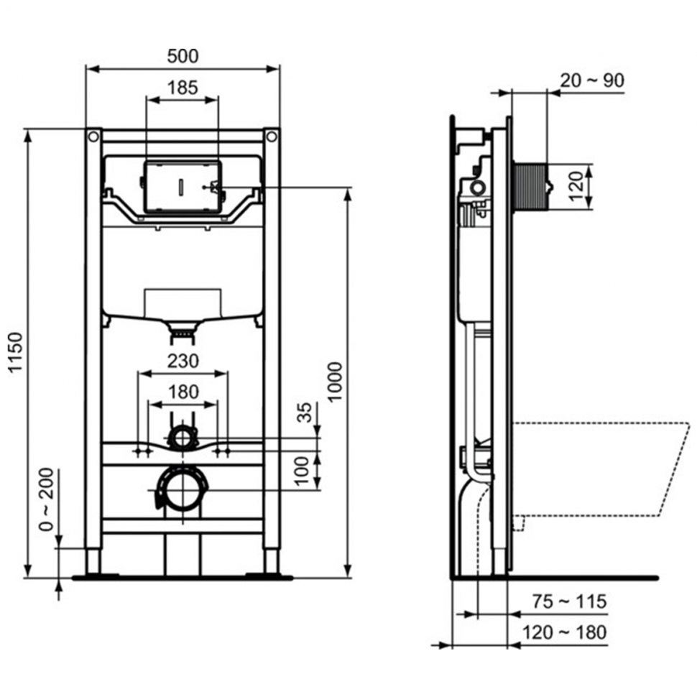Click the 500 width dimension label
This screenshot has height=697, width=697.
[183, 57]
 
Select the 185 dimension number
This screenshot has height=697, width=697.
[183, 88]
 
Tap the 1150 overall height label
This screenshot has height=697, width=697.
[16, 353]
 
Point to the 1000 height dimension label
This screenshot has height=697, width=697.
[335, 382]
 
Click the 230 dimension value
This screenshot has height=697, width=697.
[183, 361]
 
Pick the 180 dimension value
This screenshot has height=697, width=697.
[183, 392]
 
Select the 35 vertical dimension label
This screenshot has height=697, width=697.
[305, 412]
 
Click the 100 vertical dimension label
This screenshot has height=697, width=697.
[303, 471]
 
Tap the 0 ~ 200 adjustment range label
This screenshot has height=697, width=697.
[46, 499]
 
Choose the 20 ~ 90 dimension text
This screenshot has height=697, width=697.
[591, 80]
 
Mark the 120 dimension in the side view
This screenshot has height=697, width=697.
[576, 186]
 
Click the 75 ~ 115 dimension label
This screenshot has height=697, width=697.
[569, 602]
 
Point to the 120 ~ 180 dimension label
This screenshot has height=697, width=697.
[565, 632]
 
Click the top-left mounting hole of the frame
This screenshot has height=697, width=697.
[93, 137]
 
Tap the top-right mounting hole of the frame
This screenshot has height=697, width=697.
[272, 137]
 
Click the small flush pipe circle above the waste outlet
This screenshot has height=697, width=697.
[183, 438]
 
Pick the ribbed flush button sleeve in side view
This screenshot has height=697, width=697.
[530, 186]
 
